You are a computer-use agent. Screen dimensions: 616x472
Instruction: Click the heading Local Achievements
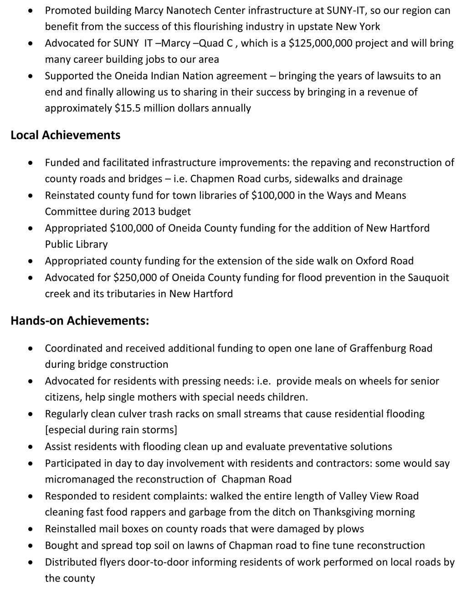coord(66,135)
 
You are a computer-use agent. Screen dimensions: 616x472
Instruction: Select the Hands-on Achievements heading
coord(80,321)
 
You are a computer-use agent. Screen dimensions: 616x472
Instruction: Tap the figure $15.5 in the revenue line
coord(128,108)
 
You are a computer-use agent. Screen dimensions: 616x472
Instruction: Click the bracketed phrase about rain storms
coord(111,430)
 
